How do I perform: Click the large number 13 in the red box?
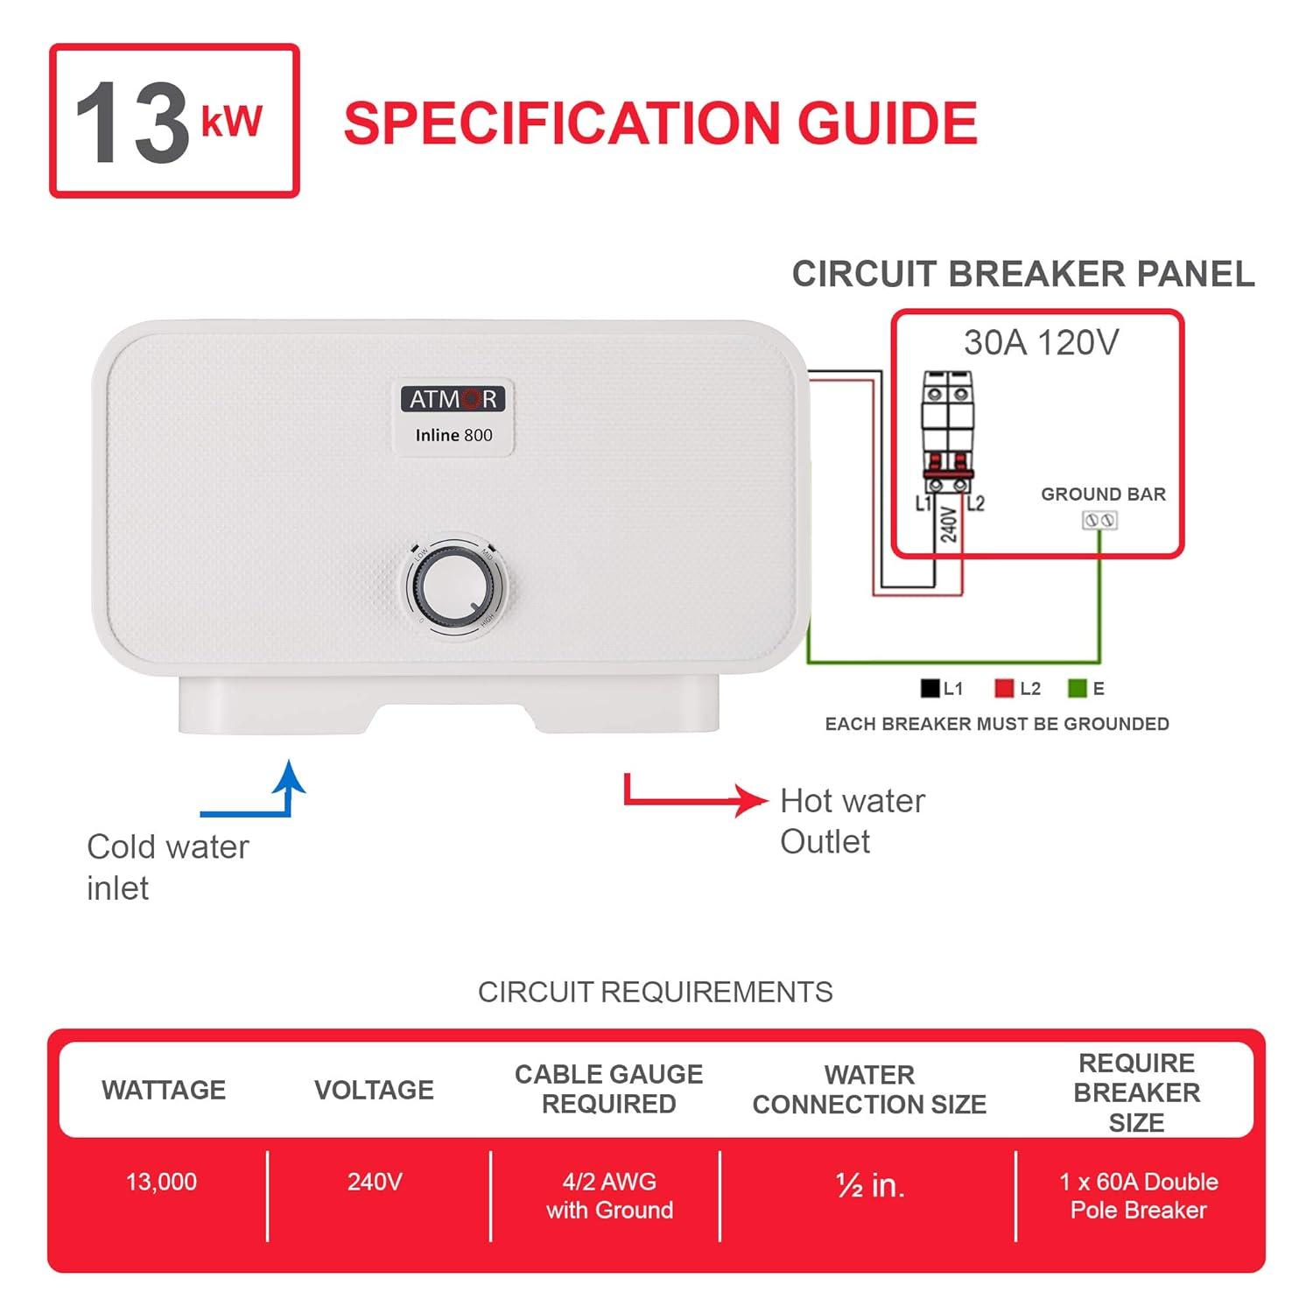[131, 123]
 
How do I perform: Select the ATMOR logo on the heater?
[453, 399]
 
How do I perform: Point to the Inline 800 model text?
[453, 435]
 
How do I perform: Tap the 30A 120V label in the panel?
[1041, 343]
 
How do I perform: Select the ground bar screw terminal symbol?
[1100, 521]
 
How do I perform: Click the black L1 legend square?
[930, 689]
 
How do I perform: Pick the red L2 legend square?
[1004, 689]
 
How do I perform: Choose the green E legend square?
[1077, 689]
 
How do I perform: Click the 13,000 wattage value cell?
[162, 1183]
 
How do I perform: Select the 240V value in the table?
[375, 1183]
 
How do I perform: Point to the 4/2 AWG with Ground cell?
[609, 1196]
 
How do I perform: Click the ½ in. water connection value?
[870, 1185]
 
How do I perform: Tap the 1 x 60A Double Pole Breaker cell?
[1138, 1196]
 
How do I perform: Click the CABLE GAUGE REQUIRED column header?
[608, 1089]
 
